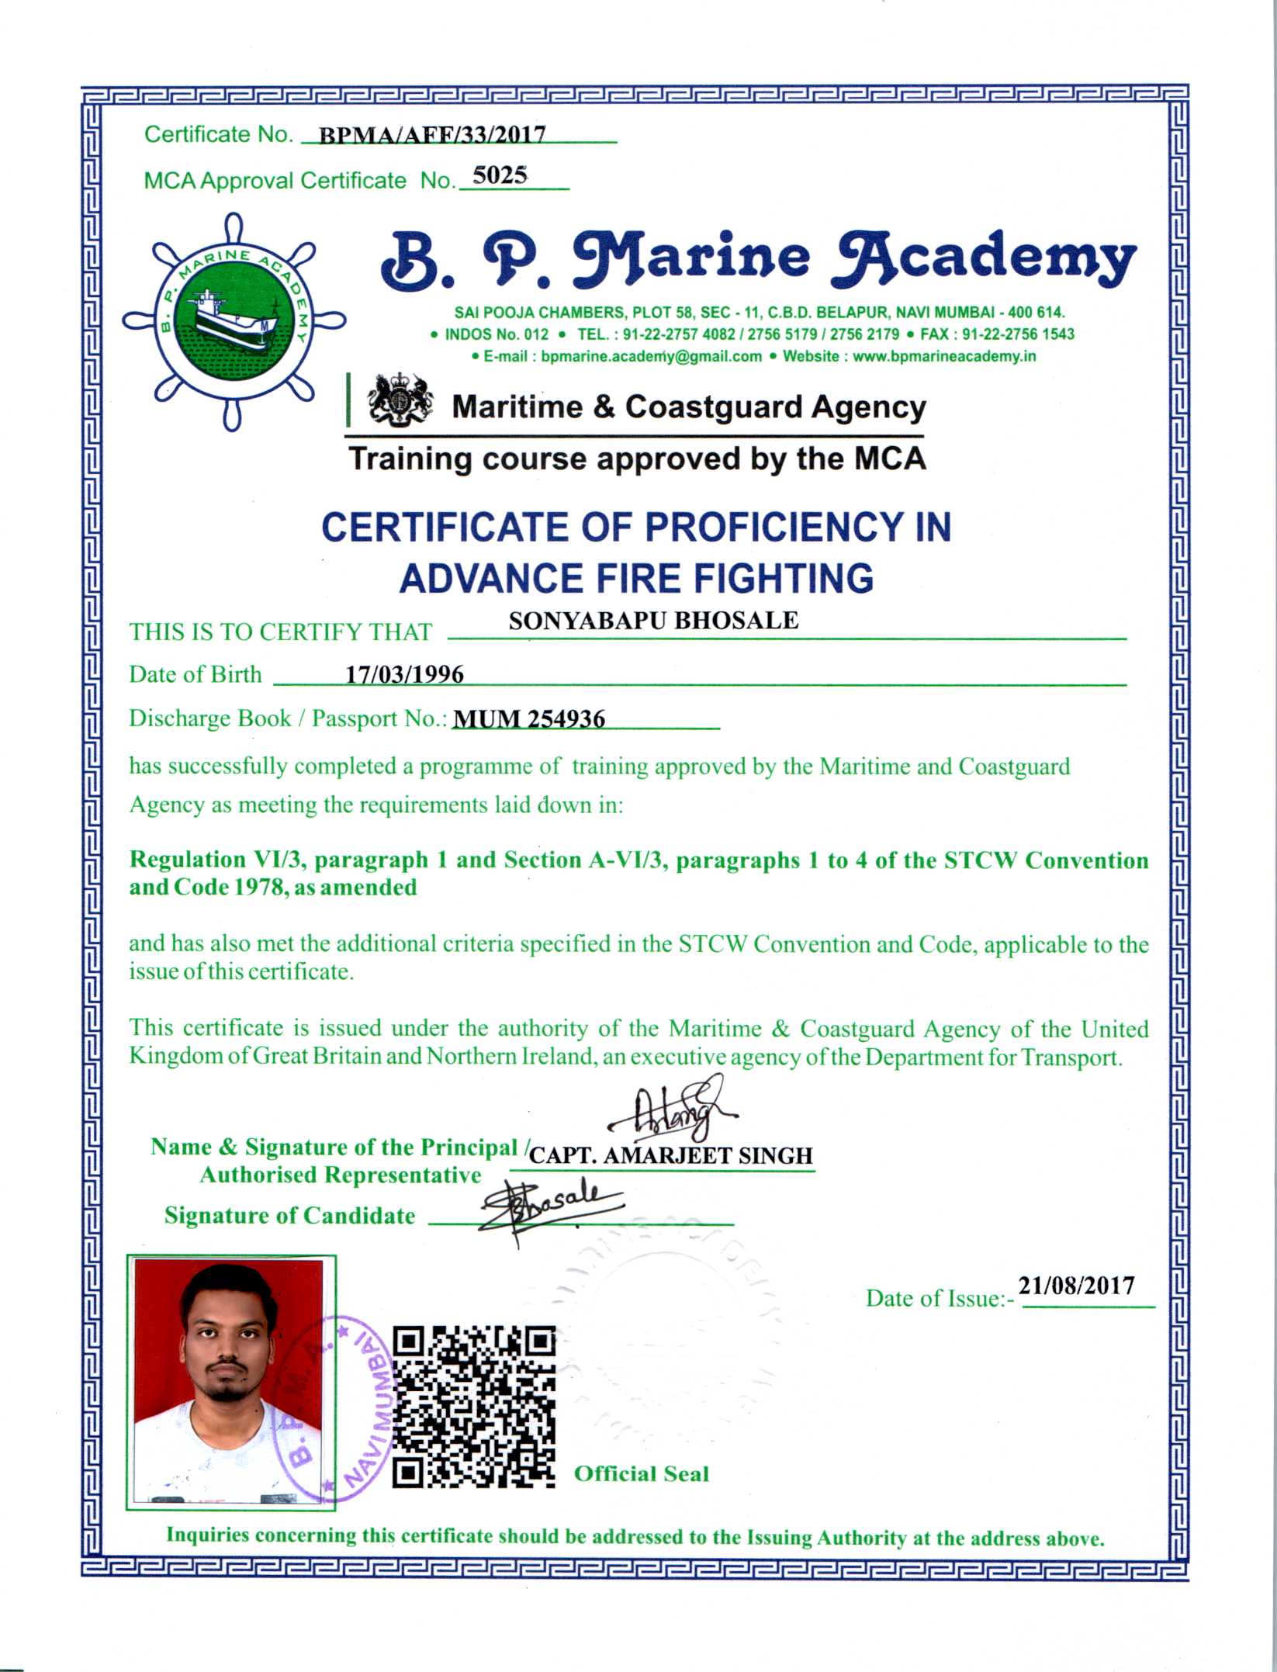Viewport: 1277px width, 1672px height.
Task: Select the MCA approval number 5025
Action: click(x=500, y=175)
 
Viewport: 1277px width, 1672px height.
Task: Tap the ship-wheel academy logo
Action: click(x=234, y=321)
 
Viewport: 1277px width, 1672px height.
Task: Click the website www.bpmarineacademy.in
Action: click(x=944, y=356)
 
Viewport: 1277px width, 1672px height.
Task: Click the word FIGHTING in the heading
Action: click(x=784, y=579)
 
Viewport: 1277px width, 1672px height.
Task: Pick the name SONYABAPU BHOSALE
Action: click(x=653, y=621)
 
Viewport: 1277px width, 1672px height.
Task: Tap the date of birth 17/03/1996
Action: click(x=404, y=674)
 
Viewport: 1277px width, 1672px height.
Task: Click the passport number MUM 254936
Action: click(x=528, y=719)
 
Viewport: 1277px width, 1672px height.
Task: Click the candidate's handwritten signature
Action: click(x=549, y=1206)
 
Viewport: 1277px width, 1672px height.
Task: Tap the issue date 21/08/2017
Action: click(x=1076, y=1286)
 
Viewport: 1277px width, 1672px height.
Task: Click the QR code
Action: click(x=474, y=1407)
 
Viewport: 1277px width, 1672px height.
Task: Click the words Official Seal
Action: click(x=641, y=1474)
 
